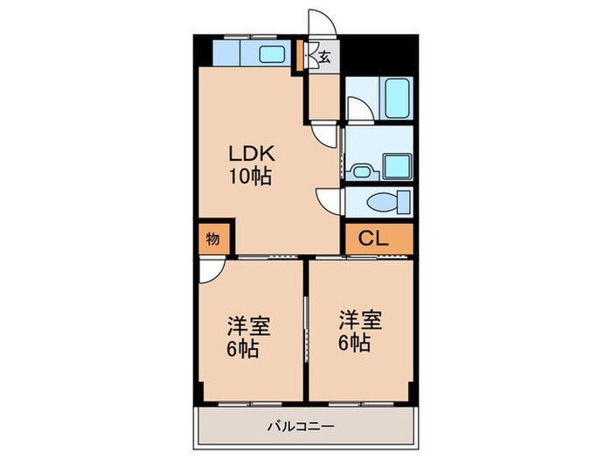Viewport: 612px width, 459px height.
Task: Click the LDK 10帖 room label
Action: [x=250, y=163]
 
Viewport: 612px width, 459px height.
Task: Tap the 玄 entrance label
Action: [x=324, y=59]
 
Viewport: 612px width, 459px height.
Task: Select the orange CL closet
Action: [x=377, y=238]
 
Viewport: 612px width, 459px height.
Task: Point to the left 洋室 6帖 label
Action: [x=248, y=337]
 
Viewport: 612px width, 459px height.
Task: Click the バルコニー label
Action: [x=304, y=427]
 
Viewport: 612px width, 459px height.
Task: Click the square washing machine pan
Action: [x=397, y=166]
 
